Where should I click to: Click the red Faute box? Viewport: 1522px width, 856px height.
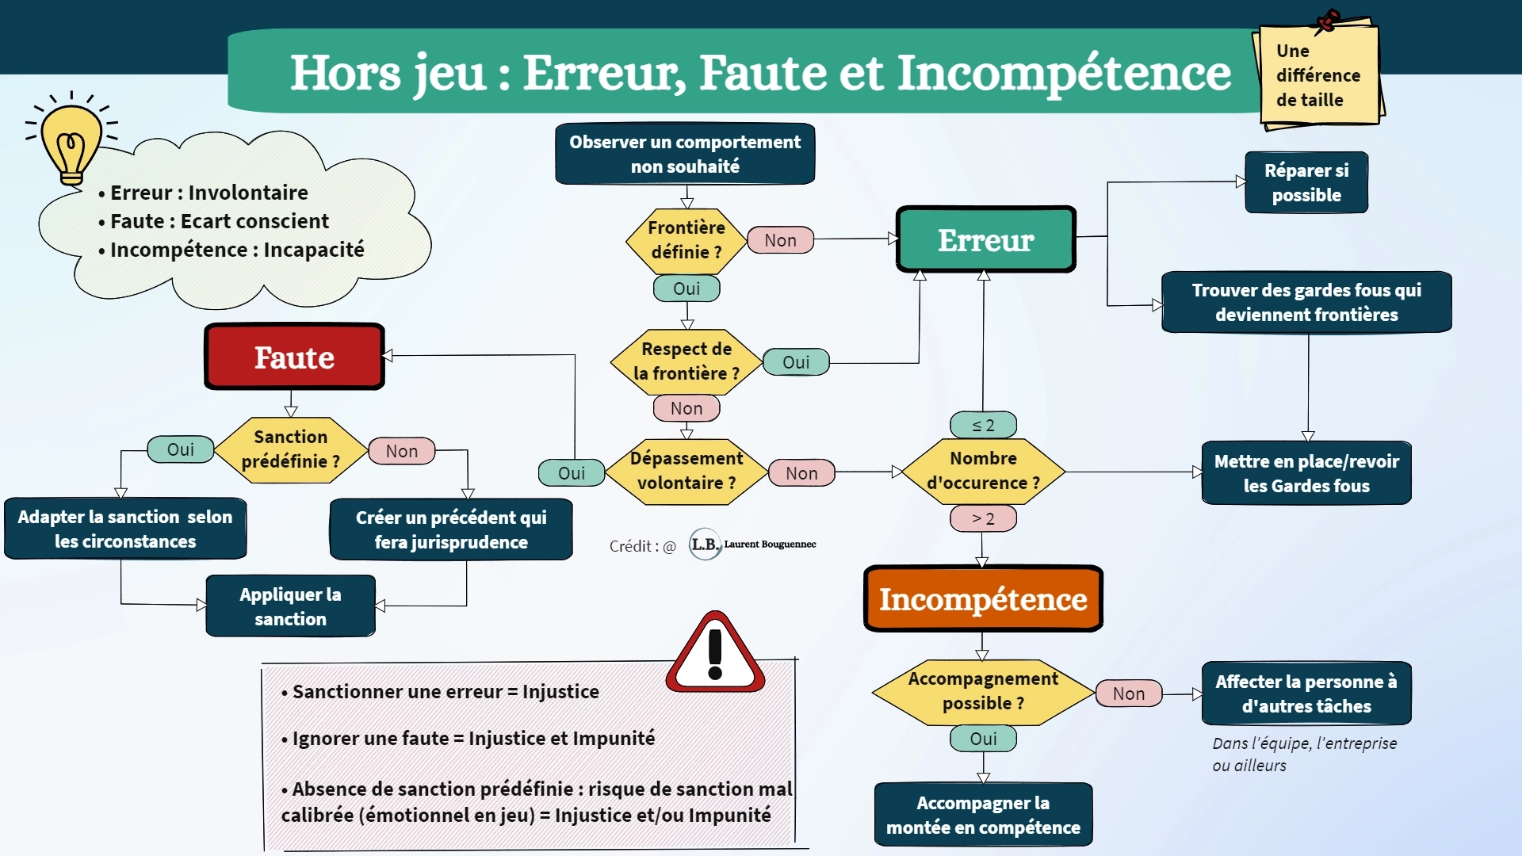[x=294, y=357]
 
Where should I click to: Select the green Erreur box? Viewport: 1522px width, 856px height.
[x=985, y=239]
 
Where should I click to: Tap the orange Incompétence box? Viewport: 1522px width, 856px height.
[x=983, y=599]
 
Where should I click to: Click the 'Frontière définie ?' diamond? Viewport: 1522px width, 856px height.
[x=686, y=239]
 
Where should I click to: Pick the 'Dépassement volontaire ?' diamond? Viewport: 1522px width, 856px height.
[x=686, y=471]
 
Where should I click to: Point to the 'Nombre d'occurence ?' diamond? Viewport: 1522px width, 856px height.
[x=983, y=471]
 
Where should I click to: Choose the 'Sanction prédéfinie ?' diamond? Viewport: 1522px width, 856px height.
[x=290, y=449]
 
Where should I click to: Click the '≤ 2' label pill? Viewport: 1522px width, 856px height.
[x=983, y=425]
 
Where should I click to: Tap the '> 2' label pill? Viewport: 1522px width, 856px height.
[x=983, y=518]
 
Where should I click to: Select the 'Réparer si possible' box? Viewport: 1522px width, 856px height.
[x=1306, y=182]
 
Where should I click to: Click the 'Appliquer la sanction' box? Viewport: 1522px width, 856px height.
[x=290, y=606]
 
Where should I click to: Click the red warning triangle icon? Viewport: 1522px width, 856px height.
[x=715, y=654]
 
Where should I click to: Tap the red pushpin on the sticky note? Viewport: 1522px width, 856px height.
[x=1327, y=21]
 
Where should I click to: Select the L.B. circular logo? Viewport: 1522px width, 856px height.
[x=705, y=545]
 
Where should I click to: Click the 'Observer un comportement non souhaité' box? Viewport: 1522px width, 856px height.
[x=685, y=154]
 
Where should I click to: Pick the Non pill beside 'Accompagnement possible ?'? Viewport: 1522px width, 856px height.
[x=1128, y=694]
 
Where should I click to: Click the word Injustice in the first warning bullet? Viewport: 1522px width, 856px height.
[x=560, y=692]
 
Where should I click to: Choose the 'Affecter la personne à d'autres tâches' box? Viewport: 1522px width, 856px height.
[x=1306, y=694]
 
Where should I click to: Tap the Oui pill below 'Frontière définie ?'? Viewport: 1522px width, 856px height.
[x=686, y=289]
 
